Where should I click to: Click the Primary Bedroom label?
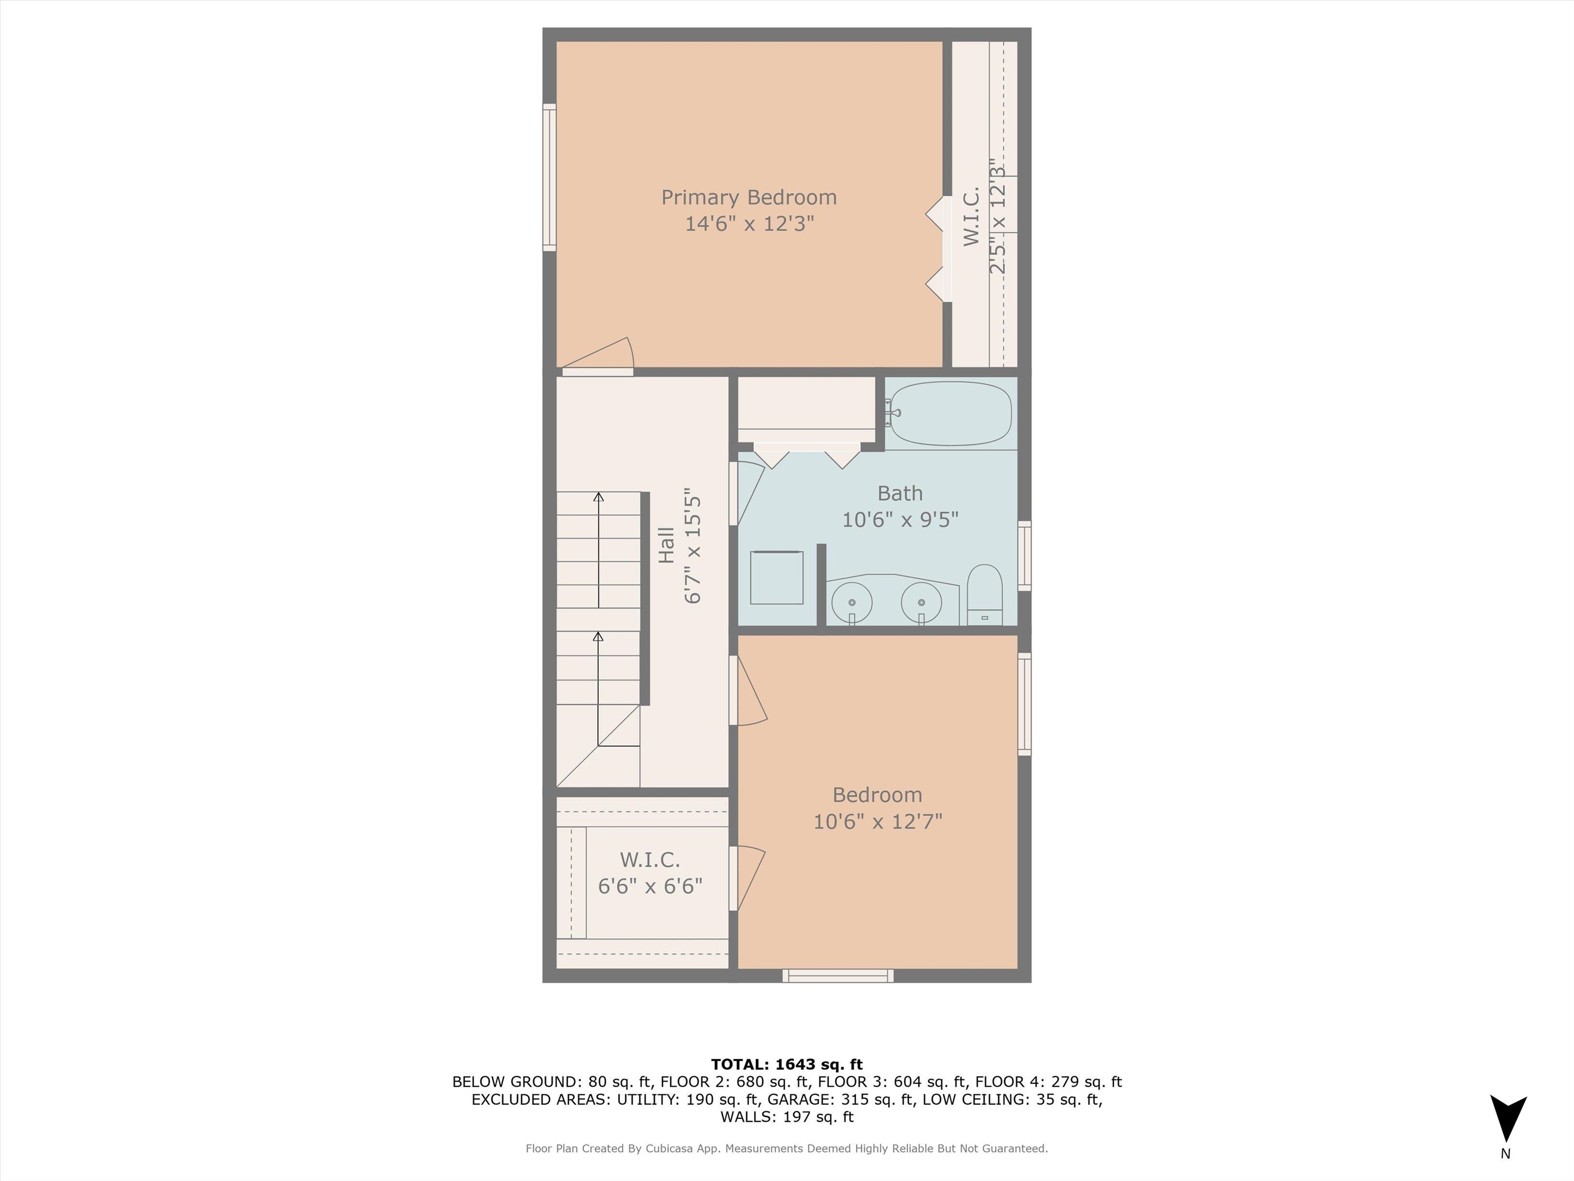tap(749, 197)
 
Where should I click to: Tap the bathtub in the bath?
tap(950, 414)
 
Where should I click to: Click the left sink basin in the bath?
tap(852, 602)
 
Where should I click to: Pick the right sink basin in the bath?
tap(921, 602)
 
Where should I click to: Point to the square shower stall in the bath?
tap(776, 577)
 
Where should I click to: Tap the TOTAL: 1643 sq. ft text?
tap(786, 1064)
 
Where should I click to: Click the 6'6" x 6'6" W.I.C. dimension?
tap(650, 886)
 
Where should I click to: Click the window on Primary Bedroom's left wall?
tap(549, 177)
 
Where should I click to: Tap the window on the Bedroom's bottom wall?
tap(838, 976)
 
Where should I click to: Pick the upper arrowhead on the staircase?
tap(598, 497)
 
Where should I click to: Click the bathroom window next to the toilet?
tap(1024, 556)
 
